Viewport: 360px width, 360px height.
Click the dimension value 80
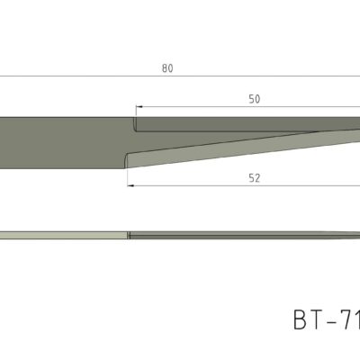[166, 67]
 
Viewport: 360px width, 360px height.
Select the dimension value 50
[255, 99]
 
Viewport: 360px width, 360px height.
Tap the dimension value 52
[255, 178]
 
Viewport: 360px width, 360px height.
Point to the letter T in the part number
[320, 320]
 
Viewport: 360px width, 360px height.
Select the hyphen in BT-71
[337, 321]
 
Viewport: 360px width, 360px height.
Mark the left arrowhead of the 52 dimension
[130, 186]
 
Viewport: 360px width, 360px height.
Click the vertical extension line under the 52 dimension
[128, 177]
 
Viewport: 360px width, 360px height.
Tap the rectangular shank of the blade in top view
[63, 142]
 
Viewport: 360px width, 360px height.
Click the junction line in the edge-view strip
[129, 236]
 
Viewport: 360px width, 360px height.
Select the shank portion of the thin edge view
[63, 236]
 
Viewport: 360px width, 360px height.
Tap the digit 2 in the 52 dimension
[258, 178]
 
